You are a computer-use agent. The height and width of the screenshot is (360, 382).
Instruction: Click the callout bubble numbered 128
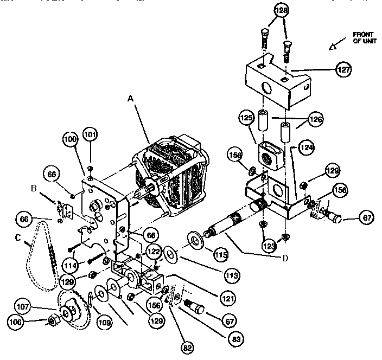click(281, 11)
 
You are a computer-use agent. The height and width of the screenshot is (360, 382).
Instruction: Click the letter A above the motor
click(130, 99)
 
